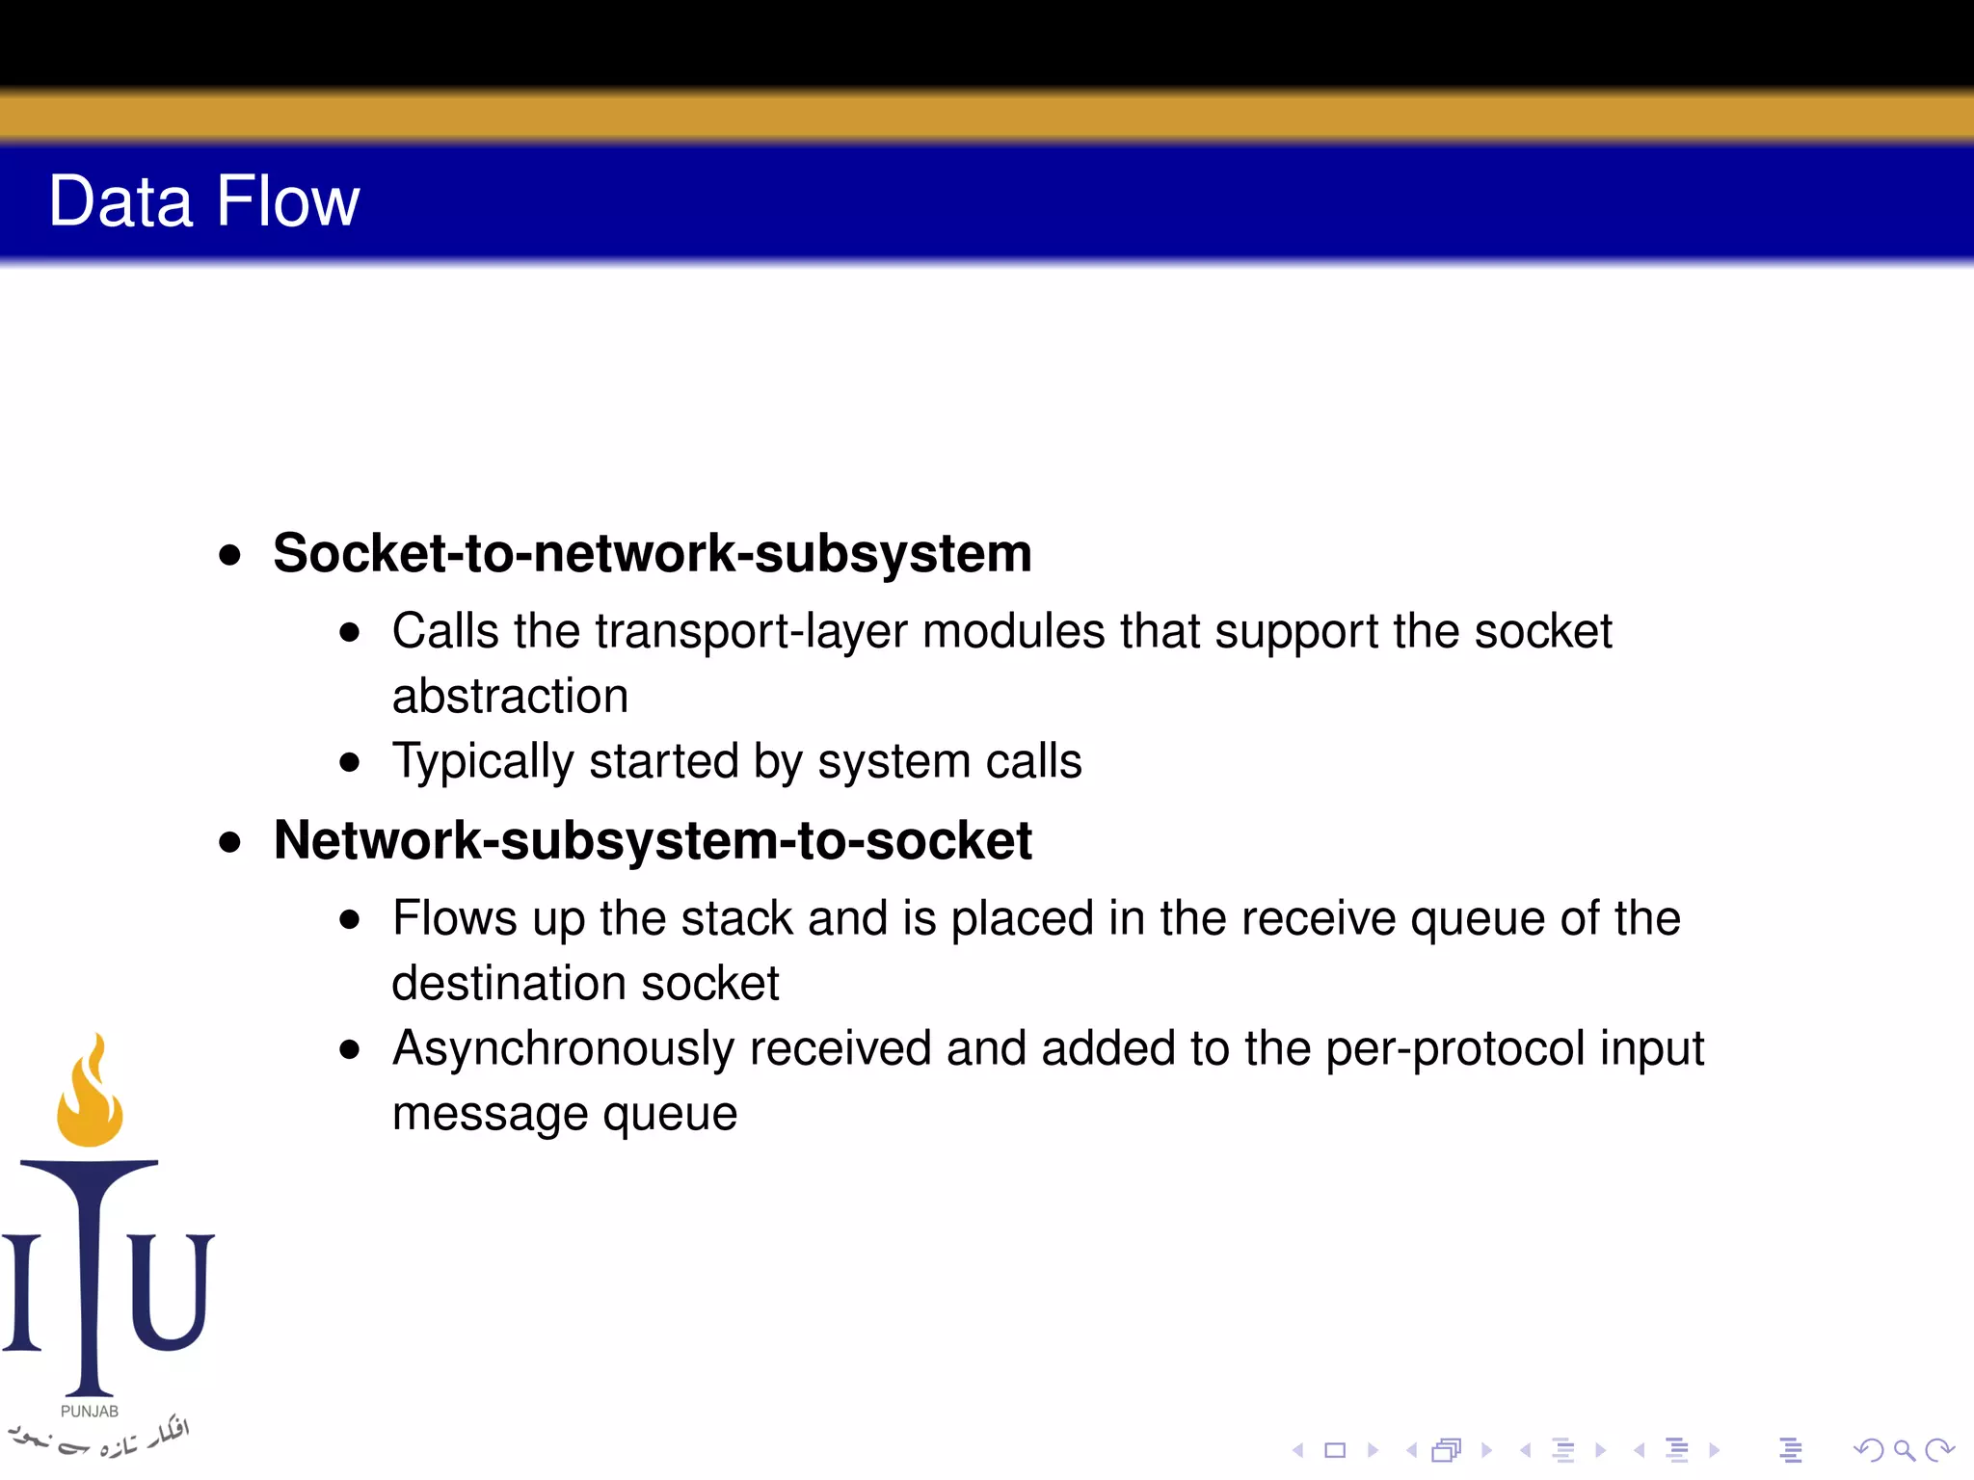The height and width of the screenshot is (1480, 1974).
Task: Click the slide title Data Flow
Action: [x=203, y=201]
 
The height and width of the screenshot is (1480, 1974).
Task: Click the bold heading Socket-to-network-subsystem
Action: [x=652, y=554]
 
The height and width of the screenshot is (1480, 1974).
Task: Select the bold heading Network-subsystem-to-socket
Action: [x=652, y=840]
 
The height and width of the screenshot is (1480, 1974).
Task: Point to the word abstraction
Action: [x=510, y=697]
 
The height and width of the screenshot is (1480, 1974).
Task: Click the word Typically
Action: [x=483, y=762]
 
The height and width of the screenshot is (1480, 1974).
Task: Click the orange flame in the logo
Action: [x=90, y=1094]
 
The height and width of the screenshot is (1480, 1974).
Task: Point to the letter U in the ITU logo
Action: [x=171, y=1291]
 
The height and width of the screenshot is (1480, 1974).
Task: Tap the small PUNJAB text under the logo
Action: [x=90, y=1411]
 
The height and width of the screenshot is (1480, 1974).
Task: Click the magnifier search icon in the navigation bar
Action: [x=1904, y=1450]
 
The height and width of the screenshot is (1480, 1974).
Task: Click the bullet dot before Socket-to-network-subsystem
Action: [x=229, y=555]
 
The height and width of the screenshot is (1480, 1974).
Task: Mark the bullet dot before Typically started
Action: [x=350, y=763]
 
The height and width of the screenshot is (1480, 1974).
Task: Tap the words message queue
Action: [x=565, y=1114]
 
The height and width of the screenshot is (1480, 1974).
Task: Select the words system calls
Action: [x=949, y=762]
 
